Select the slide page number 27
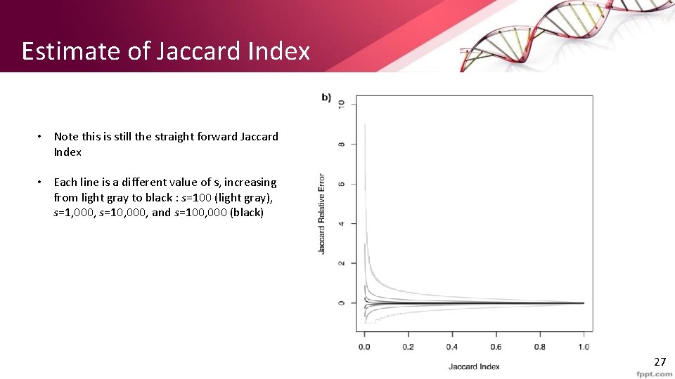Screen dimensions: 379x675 tap(659, 362)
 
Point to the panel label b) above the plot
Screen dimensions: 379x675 tap(326, 98)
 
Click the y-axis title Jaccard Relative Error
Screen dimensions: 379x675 tap(322, 213)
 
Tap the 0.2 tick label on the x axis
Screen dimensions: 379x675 tap(409, 347)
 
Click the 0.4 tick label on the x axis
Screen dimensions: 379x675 tap(452, 347)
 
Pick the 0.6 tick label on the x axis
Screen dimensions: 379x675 tap(496, 347)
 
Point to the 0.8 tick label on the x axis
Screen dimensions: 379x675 tap(540, 347)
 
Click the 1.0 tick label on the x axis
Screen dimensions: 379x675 tap(584, 347)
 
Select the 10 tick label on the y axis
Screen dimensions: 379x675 tap(342, 104)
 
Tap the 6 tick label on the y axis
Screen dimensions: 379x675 tap(342, 184)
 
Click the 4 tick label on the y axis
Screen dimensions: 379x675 tap(342, 224)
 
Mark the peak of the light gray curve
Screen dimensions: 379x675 tap(365, 125)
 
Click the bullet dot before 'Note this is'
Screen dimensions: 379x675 tap(41, 137)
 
